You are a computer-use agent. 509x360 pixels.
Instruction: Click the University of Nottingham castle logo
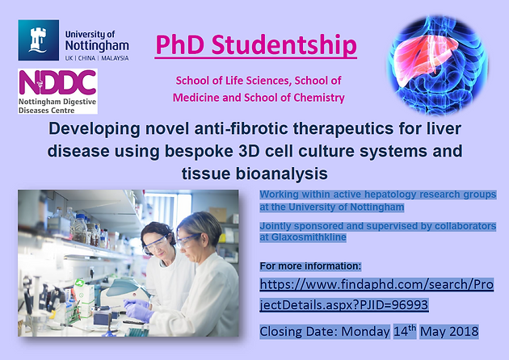39,40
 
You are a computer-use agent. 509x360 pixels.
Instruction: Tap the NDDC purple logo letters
57,82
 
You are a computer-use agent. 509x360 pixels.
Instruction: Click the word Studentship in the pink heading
284,45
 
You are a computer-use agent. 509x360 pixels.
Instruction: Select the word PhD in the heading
180,44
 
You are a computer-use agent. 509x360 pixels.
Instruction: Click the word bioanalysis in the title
282,174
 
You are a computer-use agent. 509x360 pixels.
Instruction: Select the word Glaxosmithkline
309,237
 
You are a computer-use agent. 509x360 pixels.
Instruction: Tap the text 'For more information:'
310,266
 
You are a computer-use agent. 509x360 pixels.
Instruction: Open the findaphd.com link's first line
376,284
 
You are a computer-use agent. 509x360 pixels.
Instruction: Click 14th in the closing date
405,331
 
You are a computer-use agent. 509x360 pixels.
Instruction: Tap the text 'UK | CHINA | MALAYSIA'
97,58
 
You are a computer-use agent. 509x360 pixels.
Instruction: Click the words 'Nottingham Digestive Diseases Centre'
57,106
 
